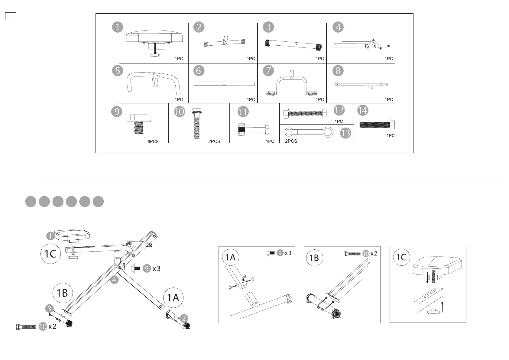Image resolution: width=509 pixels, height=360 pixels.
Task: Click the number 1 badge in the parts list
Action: pyautogui.click(x=118, y=27)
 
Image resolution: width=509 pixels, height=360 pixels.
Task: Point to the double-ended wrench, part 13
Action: pyautogui.click(x=309, y=132)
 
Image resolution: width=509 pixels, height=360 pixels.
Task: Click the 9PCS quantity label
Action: pyautogui.click(x=153, y=141)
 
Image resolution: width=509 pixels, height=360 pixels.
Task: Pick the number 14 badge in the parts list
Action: pyautogui.click(x=363, y=110)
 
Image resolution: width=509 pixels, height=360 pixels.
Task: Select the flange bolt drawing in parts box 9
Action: pyautogui.click(x=138, y=123)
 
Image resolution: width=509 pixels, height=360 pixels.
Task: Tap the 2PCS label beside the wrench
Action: pyautogui.click(x=291, y=141)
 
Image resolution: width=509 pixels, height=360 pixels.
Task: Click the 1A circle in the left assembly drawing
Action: pyautogui.click(x=173, y=298)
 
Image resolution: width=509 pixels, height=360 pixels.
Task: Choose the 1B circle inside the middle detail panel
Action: pyautogui.click(x=314, y=258)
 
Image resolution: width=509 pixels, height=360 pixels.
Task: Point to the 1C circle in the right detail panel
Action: pyautogui.click(x=401, y=257)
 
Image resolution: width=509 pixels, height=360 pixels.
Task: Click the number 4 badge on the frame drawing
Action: pyautogui.click(x=114, y=280)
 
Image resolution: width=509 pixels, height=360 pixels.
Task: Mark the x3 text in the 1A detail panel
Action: pyautogui.click(x=288, y=253)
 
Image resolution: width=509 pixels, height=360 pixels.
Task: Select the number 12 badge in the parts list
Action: pyautogui.click(x=339, y=110)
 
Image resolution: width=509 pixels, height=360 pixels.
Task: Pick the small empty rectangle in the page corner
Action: pyautogui.click(x=11, y=16)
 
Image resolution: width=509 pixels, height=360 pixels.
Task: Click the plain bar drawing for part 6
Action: pyautogui.click(x=224, y=84)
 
